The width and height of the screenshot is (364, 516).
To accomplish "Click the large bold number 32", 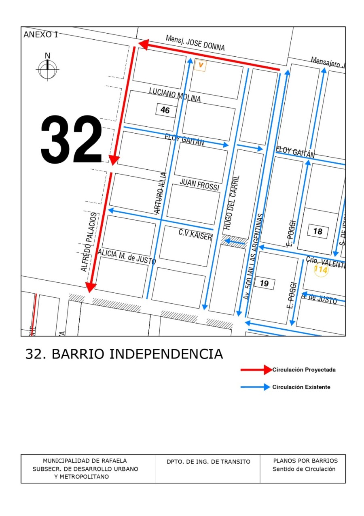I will (72, 139).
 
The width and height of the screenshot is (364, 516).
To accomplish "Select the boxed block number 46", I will (165, 110).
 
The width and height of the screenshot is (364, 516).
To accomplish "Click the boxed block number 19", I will (264, 284).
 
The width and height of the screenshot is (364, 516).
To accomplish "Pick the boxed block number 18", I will (318, 231).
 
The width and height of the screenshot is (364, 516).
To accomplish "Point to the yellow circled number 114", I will (321, 270).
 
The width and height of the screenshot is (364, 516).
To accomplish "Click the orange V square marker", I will (200, 65).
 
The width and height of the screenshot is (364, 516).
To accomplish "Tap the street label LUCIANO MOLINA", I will (175, 95).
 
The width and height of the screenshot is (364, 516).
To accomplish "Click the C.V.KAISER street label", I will (195, 235).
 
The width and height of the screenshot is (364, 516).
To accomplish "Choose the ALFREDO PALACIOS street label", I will (89, 242).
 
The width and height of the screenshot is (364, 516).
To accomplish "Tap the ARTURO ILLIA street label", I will (160, 193).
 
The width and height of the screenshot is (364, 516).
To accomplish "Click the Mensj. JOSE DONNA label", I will (195, 43).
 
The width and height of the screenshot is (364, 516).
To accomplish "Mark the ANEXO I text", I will (40, 34).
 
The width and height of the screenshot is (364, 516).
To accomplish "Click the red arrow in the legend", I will (256, 370).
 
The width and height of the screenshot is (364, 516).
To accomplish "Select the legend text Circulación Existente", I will (301, 387).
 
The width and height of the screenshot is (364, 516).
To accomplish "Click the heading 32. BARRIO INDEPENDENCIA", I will (124, 354).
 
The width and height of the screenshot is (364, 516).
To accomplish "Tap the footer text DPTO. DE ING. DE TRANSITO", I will (208, 461).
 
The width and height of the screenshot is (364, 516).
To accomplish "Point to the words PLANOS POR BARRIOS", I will (305, 461).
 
